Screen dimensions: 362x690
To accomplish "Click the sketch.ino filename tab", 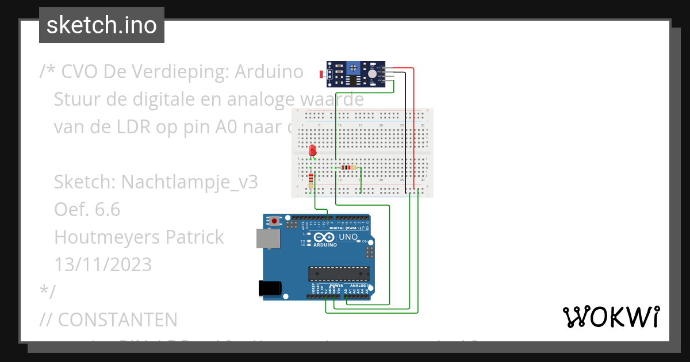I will point(101,25).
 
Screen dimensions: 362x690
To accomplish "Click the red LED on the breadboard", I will point(312,151).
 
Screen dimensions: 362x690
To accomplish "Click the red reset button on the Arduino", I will point(275,221).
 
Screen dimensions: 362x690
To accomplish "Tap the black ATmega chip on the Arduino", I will point(338,274).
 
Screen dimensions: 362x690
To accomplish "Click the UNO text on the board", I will point(348,237).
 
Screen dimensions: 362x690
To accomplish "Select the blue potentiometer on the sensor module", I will point(353,70).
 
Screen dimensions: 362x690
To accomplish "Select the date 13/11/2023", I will point(103,264).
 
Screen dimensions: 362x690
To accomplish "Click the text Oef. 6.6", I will point(87,210).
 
